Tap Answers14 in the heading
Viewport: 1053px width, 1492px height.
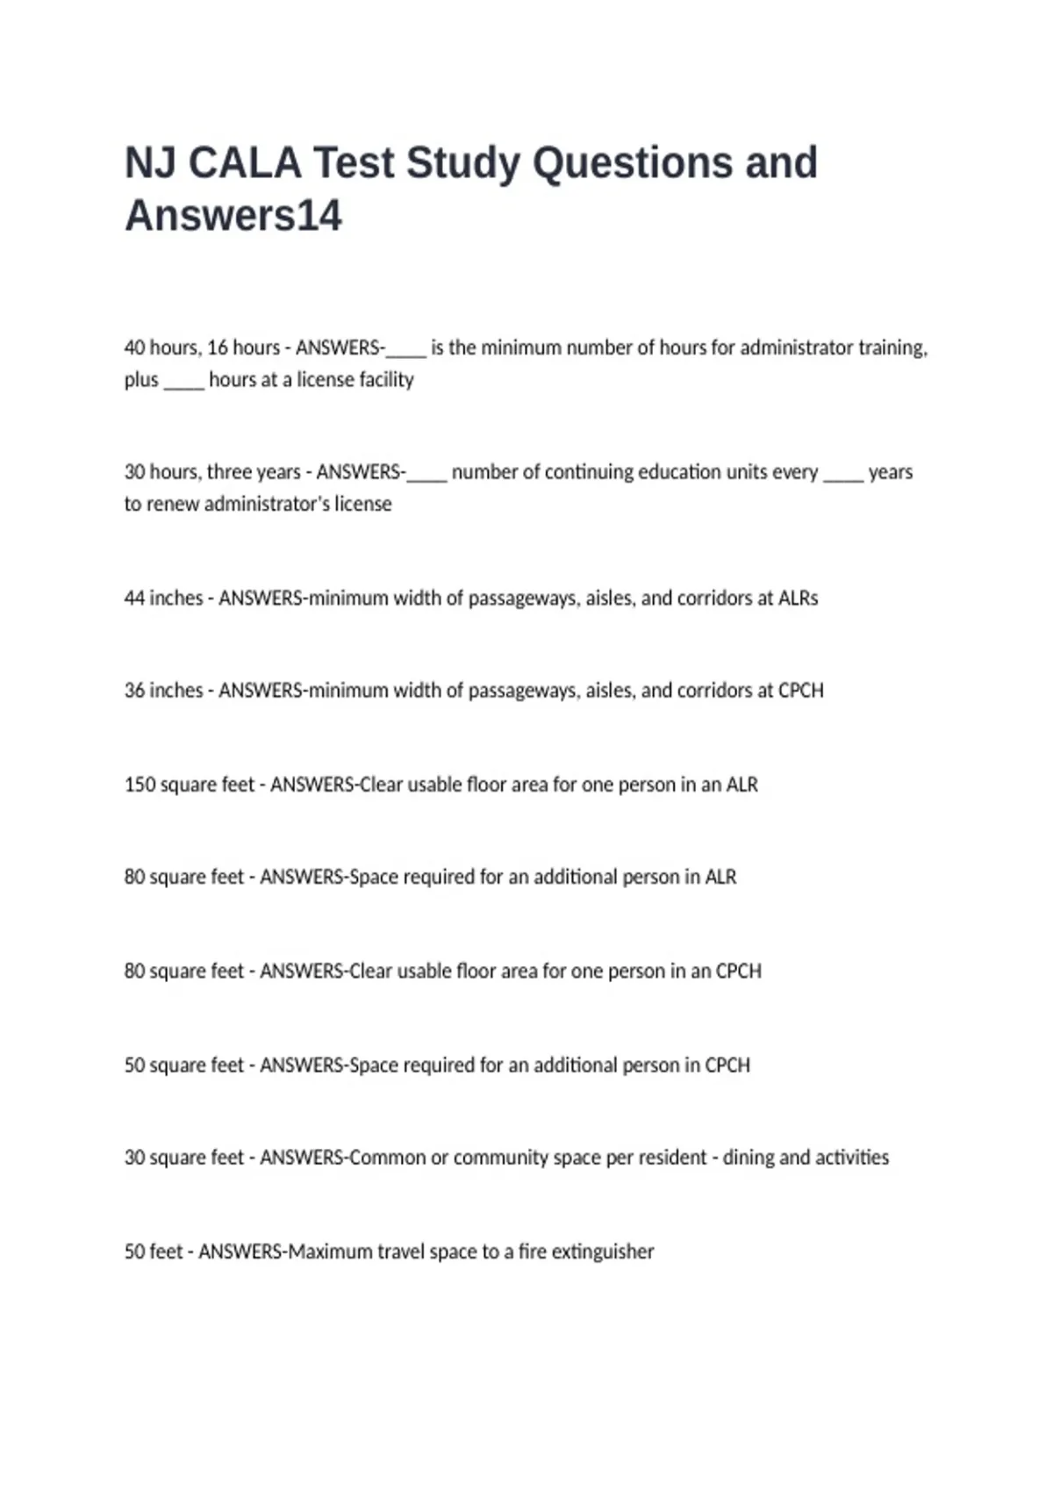click(233, 216)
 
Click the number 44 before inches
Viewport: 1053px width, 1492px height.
click(134, 599)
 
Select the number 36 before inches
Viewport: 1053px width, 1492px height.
click(134, 691)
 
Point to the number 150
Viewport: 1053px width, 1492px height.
click(140, 785)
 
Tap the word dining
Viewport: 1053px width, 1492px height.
click(748, 1158)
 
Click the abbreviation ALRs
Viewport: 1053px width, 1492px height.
click(799, 599)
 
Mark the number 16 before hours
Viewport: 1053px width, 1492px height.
click(217, 348)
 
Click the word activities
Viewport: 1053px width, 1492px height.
click(852, 1158)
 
